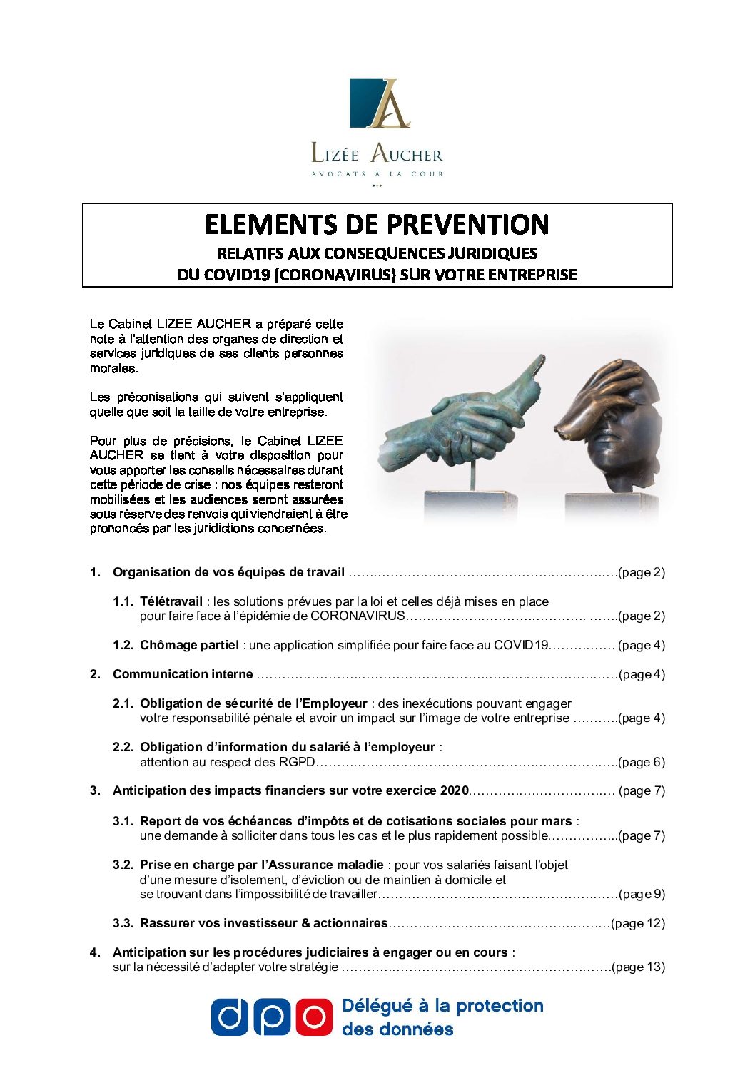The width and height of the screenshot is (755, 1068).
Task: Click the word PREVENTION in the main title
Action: coord(467,225)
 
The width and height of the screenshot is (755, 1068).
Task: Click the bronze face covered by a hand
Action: coord(610,428)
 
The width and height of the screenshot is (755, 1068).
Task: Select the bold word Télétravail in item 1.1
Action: coord(171,601)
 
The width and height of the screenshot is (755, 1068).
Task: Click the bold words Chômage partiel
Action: coord(189,645)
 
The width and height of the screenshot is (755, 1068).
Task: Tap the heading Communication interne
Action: coord(183,674)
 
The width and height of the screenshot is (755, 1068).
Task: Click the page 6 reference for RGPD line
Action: coord(642,762)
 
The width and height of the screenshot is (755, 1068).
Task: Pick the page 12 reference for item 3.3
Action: coord(638,923)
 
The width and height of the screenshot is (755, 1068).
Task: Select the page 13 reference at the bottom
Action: coord(638,967)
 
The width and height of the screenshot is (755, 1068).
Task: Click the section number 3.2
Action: coord(123,865)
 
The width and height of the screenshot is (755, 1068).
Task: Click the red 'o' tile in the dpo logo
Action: coord(315,1017)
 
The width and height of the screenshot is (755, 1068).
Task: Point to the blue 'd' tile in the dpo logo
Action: coord(229,1017)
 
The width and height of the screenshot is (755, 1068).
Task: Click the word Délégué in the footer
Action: coord(377,1006)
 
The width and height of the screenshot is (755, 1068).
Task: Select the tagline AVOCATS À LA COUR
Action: coord(377,174)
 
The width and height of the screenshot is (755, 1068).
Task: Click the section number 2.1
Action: coord(123,703)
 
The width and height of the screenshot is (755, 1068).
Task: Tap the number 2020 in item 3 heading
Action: coord(454,790)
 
